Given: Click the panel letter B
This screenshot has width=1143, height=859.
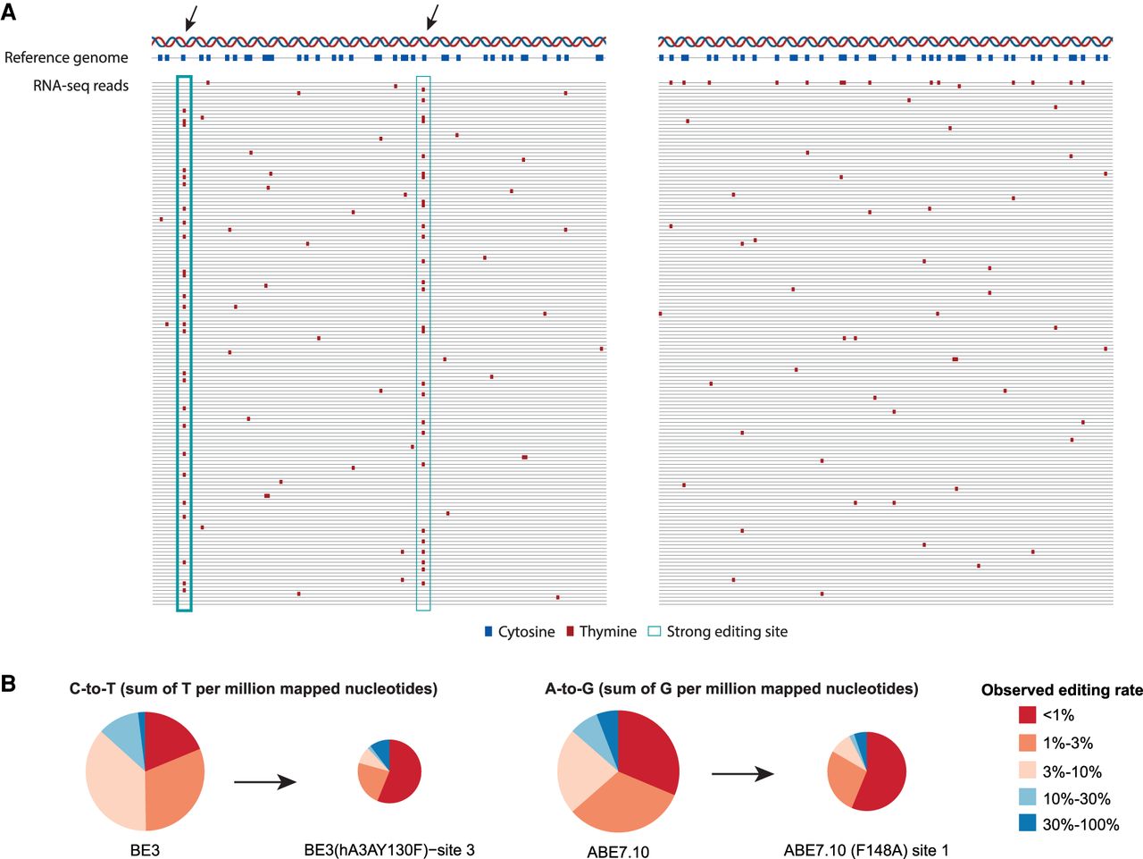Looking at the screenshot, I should (x=9, y=684).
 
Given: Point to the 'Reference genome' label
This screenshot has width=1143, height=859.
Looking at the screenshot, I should (x=66, y=57).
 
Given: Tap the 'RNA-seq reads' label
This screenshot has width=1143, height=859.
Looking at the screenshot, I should (x=80, y=86).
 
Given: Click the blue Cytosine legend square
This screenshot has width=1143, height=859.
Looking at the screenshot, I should (x=488, y=632).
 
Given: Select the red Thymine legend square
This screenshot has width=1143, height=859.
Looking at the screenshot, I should (x=570, y=632).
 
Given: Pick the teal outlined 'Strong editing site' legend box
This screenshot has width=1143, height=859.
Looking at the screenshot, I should (x=655, y=632).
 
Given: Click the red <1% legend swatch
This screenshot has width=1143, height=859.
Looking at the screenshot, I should (x=1027, y=714).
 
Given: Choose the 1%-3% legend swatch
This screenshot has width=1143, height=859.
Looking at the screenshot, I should (x=1027, y=742).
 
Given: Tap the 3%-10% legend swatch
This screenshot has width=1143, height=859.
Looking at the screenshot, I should (x=1027, y=770).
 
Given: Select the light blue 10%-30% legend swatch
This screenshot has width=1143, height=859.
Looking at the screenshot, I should (x=1027, y=797).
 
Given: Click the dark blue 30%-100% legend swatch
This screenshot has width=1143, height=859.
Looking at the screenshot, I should (x=1027, y=824).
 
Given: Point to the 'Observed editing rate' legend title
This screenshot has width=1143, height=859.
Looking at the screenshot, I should (x=1061, y=690).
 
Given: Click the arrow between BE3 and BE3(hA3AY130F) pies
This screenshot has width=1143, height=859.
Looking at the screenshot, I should (x=264, y=782).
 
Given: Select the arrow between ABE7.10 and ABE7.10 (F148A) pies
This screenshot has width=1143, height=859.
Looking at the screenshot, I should (x=742, y=773).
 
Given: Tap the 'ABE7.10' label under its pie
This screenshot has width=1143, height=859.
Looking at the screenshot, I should (x=618, y=851).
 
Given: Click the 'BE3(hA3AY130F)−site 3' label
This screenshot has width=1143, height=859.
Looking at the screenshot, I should (x=389, y=850).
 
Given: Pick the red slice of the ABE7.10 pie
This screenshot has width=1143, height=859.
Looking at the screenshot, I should (x=647, y=751).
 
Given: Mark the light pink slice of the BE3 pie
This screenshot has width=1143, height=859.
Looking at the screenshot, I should (x=112, y=787).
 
